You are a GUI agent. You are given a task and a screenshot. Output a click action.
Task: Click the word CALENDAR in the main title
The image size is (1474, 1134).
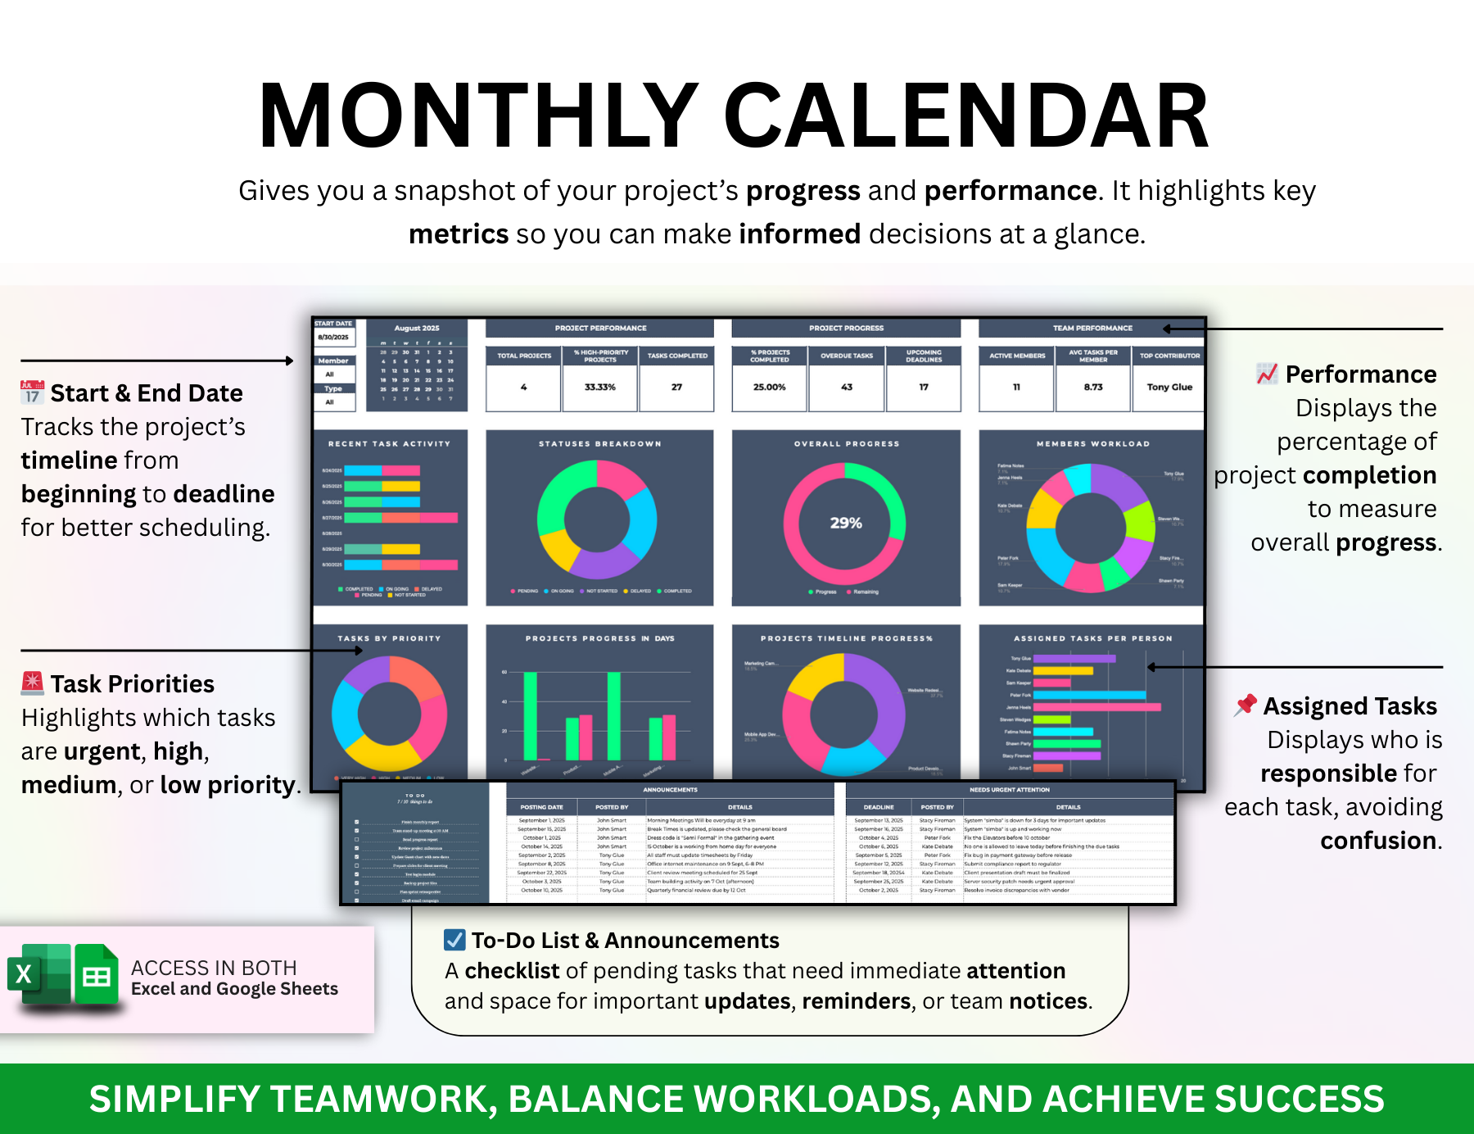(966, 116)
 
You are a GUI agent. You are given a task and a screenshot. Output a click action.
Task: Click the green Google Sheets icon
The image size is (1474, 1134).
(97, 974)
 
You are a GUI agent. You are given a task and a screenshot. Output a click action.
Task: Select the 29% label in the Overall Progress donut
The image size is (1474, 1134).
(846, 523)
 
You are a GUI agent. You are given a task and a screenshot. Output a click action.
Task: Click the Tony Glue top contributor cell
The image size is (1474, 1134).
(1169, 387)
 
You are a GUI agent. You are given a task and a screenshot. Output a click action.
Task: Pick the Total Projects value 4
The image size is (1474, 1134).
(523, 387)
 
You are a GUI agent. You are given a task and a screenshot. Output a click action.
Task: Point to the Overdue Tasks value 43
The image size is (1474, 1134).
(846, 387)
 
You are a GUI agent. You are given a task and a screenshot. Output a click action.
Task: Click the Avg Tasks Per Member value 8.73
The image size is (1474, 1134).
(1092, 387)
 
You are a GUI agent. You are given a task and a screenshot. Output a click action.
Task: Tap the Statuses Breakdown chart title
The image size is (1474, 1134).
(599, 443)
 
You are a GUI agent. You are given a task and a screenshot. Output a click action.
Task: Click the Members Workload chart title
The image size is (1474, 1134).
(1092, 443)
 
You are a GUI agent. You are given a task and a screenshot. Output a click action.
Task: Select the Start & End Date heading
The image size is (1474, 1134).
(146, 393)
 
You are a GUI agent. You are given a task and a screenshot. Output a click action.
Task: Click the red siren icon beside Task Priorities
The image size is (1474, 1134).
(32, 682)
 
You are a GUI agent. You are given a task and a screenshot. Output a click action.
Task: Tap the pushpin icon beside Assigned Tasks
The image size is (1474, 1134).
(1246, 705)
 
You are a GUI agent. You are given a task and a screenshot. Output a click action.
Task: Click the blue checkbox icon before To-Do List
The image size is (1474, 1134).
(454, 940)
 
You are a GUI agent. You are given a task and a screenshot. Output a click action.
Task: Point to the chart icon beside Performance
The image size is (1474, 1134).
(1267, 374)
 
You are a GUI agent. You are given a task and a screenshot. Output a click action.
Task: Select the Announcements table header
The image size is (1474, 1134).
(670, 790)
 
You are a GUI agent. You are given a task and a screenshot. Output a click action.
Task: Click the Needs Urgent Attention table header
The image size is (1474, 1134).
(1009, 790)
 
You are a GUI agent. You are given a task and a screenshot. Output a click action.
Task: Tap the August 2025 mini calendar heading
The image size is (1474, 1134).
(417, 328)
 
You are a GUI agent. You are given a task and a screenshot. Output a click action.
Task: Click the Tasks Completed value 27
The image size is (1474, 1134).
(676, 387)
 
